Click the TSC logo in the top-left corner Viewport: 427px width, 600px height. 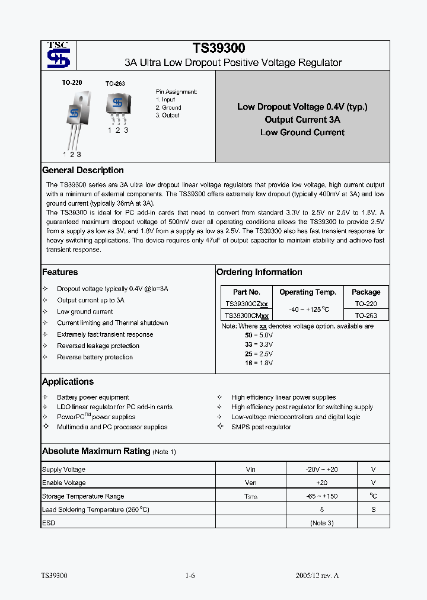(x=58, y=55)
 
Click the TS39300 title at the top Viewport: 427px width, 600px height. (x=219, y=48)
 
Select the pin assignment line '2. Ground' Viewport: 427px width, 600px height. (x=168, y=107)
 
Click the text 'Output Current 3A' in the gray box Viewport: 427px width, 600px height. (x=302, y=119)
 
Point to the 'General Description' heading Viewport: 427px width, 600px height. (x=83, y=170)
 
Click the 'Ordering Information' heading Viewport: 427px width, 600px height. (x=259, y=272)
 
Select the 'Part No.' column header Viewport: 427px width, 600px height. (x=247, y=292)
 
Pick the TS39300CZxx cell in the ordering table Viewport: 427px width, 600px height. (x=247, y=304)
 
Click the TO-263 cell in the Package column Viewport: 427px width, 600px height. (x=366, y=315)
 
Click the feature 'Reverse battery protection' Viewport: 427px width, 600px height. (x=95, y=357)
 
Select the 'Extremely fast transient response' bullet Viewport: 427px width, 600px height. (x=105, y=334)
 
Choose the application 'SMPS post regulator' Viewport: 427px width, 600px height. (x=261, y=427)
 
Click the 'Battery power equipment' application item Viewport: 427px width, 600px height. (x=93, y=397)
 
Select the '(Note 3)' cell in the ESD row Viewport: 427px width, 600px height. (x=321, y=523)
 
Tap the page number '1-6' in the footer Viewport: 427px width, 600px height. (x=190, y=576)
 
